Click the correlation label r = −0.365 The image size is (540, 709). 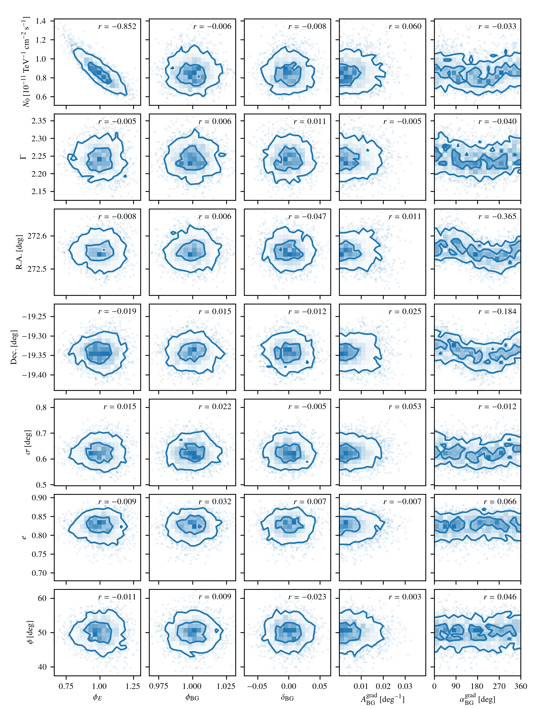497,216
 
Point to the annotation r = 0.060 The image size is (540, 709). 405,26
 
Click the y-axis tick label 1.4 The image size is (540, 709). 41,21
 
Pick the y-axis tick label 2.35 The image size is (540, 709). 39,121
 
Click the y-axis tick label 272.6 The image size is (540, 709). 37,236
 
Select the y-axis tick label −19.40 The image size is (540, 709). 34,375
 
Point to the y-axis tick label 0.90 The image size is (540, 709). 39,498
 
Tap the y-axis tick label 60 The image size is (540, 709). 42,598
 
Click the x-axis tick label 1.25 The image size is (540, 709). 133,686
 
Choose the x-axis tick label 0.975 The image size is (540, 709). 159,686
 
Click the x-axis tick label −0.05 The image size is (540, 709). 257,686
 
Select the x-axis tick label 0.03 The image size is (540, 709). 405,686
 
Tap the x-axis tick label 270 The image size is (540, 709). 499,686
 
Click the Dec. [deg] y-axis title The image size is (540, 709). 13,347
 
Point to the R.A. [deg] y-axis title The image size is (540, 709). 19,252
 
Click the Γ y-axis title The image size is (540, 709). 23,157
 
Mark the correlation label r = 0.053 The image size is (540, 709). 405,406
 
